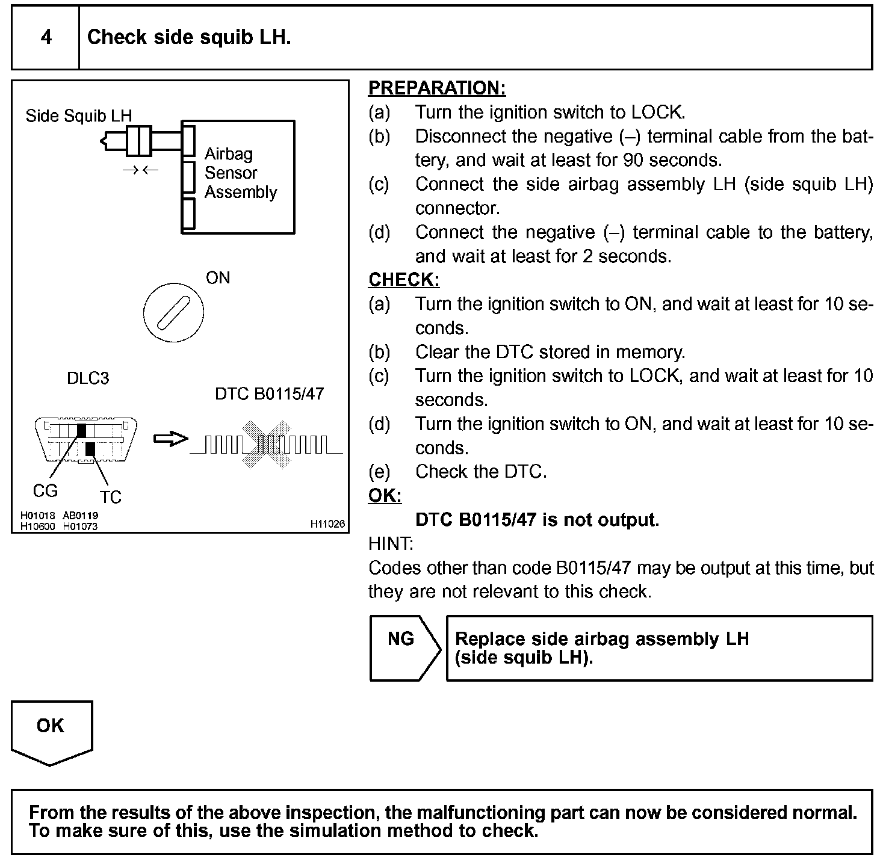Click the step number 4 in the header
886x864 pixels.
[x=46, y=37]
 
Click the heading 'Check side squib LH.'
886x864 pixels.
[x=189, y=37]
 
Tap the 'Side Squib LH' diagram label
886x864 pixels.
[x=78, y=116]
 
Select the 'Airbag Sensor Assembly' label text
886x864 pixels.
[x=240, y=173]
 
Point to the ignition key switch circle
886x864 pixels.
[x=173, y=313]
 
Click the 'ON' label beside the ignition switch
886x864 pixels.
[x=218, y=278]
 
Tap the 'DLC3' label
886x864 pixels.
[x=88, y=378]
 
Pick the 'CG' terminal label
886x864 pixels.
[x=45, y=491]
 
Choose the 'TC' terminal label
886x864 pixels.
[x=110, y=497]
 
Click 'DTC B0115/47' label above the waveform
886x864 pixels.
[x=269, y=394]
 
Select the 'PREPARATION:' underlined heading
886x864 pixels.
[x=437, y=88]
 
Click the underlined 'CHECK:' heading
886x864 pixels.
[x=404, y=280]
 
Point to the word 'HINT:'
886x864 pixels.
[x=391, y=544]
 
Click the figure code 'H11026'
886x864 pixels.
[x=328, y=524]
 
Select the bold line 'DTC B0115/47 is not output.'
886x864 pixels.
[x=537, y=520]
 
